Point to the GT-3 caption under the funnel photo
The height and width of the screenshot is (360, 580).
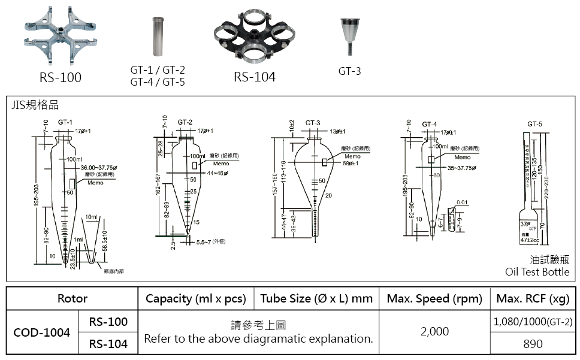(x=349, y=71)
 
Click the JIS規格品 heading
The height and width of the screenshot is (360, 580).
(x=35, y=105)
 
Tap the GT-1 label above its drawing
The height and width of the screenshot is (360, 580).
(x=65, y=122)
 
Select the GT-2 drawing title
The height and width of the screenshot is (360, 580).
(x=185, y=122)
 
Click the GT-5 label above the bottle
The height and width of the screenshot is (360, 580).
(x=534, y=124)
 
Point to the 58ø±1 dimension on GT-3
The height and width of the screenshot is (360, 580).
(x=351, y=163)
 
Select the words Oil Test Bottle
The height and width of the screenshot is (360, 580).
(x=537, y=272)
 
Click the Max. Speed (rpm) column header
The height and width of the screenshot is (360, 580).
(x=434, y=298)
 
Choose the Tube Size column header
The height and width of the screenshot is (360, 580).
(x=316, y=298)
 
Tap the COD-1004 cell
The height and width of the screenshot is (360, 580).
(x=41, y=332)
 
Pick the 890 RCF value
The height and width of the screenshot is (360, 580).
(x=533, y=343)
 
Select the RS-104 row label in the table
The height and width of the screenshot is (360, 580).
(x=108, y=344)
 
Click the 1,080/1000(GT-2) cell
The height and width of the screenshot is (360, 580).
(x=533, y=322)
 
